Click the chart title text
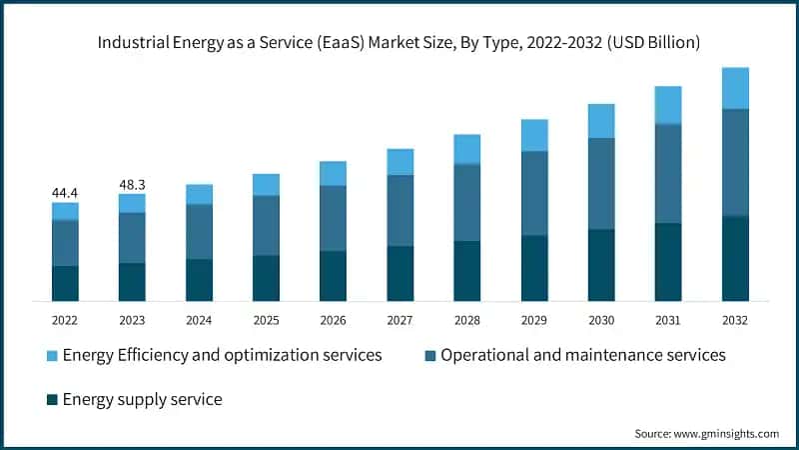[x=399, y=43]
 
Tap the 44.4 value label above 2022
[x=65, y=192]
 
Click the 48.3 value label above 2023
[x=132, y=184]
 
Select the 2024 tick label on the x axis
[x=199, y=320]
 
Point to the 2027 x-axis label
[x=399, y=320]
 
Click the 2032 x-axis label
[x=734, y=320]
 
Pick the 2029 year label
[x=533, y=320]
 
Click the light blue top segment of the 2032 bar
[x=735, y=88]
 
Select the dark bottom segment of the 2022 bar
[x=65, y=283]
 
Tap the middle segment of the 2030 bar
[x=600, y=183]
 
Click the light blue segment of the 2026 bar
[x=333, y=173]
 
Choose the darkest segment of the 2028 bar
[x=466, y=270]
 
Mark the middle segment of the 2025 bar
[x=266, y=225]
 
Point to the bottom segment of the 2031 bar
[x=668, y=261]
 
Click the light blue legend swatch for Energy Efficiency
[x=51, y=356]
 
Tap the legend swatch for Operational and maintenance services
[x=429, y=356]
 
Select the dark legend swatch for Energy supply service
[x=51, y=400]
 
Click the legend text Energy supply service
[x=142, y=400]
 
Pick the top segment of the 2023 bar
[x=132, y=203]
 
